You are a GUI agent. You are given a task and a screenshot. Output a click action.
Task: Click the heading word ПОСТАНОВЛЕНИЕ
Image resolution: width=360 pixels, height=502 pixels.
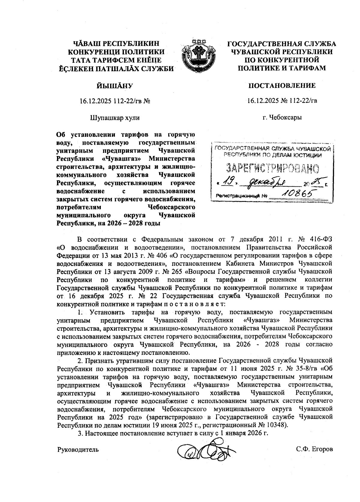[x=282, y=86]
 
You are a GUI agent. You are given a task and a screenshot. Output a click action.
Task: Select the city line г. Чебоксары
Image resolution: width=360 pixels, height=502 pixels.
[x=282, y=117]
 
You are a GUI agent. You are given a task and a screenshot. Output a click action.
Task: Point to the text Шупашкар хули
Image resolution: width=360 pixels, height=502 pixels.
[x=115, y=117]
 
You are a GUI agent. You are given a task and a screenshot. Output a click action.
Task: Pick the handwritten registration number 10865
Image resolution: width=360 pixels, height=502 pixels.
[x=294, y=195]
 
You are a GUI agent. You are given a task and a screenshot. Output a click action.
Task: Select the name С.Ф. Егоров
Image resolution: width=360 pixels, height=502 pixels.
[x=314, y=449]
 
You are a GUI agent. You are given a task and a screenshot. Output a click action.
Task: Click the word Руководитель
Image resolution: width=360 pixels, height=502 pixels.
[x=78, y=449]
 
